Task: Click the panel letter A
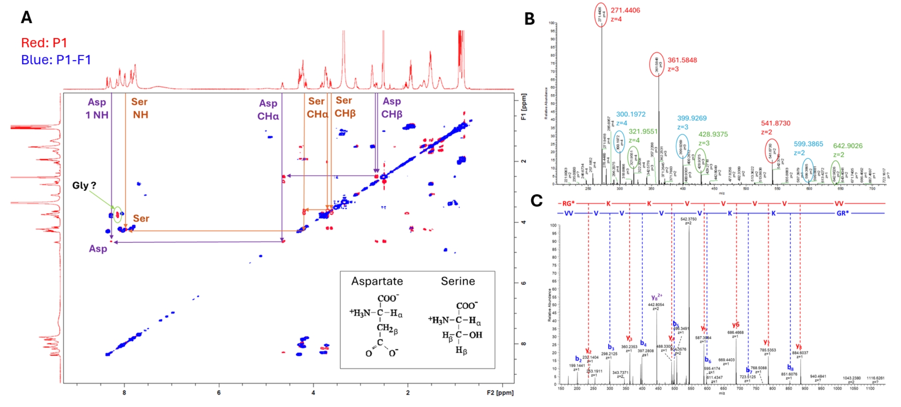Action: (27, 17)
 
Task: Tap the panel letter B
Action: (529, 19)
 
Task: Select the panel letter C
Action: (536, 201)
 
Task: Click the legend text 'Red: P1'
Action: (44, 43)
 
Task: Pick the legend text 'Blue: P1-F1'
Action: (56, 60)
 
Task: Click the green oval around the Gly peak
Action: (117, 214)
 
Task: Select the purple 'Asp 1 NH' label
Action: (97, 109)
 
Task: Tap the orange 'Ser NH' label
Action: (140, 108)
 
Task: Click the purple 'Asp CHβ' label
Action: (391, 108)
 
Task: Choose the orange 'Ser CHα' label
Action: (317, 108)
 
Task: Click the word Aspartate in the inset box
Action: (377, 281)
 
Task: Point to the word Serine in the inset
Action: (458, 281)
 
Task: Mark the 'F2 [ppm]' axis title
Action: (500, 392)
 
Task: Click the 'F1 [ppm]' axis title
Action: (524, 107)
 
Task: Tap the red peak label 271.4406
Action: (625, 10)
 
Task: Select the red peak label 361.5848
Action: (682, 60)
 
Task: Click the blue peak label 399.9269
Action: (692, 118)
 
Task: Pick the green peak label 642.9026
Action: (848, 146)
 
